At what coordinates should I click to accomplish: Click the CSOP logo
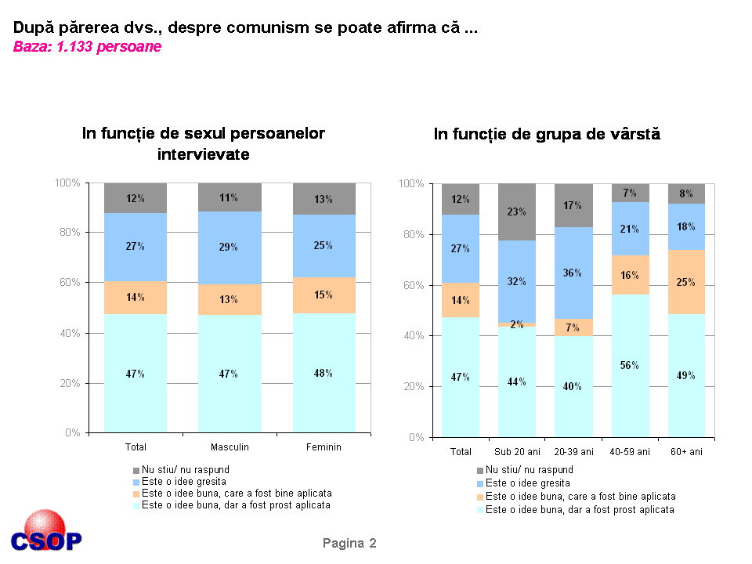46,533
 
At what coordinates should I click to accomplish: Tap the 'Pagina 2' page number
349,543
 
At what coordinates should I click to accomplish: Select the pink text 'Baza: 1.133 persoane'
87,47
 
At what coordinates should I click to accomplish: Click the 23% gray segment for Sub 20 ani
517,211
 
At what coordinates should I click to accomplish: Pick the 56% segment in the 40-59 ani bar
631,365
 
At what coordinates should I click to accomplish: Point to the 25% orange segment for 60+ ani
686,282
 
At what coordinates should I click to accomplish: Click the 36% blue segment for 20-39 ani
573,273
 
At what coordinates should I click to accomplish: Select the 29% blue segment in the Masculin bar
230,247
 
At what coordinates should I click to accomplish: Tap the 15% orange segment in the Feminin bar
324,295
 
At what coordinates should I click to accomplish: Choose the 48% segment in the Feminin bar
324,373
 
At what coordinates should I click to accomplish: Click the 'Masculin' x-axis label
230,446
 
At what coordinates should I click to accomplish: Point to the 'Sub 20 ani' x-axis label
517,452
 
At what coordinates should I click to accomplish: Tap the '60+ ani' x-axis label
686,452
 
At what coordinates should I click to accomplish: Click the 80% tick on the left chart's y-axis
69,233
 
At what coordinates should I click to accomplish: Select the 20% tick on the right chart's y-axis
412,386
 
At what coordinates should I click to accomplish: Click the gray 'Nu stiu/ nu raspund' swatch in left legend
137,469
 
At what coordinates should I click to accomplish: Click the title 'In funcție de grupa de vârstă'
547,134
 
